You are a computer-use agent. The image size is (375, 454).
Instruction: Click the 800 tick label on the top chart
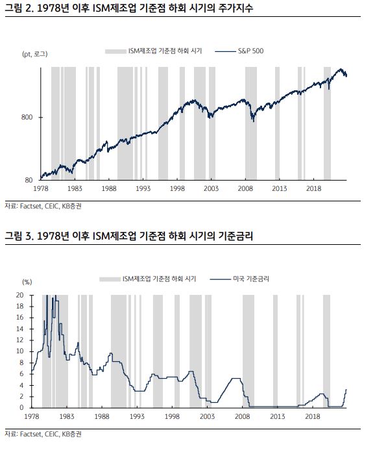[27, 118]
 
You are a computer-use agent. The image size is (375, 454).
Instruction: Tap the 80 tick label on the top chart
[29, 180]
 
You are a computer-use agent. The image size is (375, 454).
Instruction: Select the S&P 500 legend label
[250, 51]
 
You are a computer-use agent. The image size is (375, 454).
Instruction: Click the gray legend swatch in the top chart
[116, 51]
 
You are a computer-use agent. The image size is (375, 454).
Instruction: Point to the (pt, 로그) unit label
[34, 54]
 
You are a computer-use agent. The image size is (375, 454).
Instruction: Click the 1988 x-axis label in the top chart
[109, 188]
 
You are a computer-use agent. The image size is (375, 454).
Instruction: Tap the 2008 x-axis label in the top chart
[245, 188]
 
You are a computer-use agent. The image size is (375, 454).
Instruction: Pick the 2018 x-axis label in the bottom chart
[313, 416]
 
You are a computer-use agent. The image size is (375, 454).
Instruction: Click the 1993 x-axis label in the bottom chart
[137, 416]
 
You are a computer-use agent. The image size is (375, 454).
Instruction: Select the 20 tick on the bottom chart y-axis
[19, 295]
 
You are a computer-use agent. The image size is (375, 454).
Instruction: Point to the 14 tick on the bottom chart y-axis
[19, 329]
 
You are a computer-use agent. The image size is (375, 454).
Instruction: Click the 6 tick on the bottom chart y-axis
[21, 374]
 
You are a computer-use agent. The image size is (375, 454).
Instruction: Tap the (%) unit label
[27, 282]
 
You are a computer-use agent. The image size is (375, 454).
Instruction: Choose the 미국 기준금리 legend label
[251, 279]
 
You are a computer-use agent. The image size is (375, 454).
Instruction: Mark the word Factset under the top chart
[30, 206]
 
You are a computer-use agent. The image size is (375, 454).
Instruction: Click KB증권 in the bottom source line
[72, 434]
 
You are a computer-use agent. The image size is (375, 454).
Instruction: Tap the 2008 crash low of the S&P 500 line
[254, 121]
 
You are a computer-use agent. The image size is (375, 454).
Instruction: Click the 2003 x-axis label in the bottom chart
[207, 416]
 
